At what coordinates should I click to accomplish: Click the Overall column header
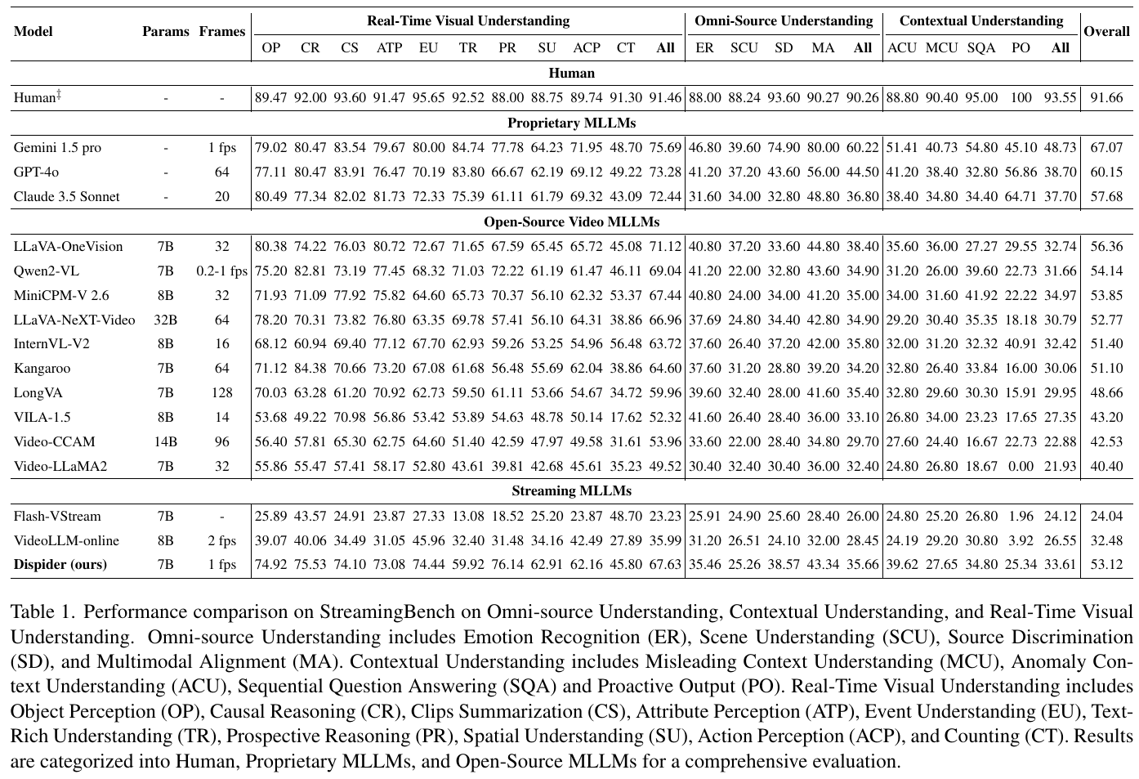tap(1106, 32)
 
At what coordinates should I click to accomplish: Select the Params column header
tap(165, 32)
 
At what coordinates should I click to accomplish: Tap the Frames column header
tap(221, 32)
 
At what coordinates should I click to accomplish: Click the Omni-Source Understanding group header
tap(784, 20)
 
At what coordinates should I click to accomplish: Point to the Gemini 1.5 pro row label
tap(57, 148)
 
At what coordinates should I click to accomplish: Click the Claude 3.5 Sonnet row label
tap(66, 197)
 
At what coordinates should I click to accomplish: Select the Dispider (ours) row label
tap(60, 565)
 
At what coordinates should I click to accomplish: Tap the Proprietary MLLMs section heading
tap(571, 123)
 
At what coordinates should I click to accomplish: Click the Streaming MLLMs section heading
tap(571, 491)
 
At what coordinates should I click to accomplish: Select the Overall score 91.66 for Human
tap(1106, 98)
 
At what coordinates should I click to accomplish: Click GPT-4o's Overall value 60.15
tap(1106, 172)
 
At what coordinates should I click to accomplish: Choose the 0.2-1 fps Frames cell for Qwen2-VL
tap(221, 271)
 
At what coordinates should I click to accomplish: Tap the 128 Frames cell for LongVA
tap(221, 393)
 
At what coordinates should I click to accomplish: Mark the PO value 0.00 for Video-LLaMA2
tap(1021, 467)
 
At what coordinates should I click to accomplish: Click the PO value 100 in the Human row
tap(1021, 98)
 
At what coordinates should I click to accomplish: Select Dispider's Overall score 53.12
tap(1106, 565)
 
